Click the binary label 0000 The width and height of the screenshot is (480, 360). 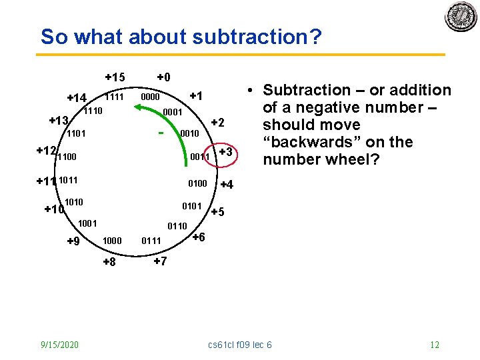(150, 97)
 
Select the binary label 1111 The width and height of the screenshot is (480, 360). (115, 97)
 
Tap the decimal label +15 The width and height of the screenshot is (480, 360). (115, 77)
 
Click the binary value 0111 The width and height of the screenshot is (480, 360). (151, 241)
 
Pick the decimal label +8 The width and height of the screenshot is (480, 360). (109, 262)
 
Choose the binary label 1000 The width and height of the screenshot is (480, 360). (112, 241)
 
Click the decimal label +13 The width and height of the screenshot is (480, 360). (59, 121)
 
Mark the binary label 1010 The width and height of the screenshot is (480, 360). (74, 201)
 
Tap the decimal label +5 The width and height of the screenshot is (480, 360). (218, 213)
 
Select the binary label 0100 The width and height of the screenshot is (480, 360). (197, 183)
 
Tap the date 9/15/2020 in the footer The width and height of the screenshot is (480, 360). (59, 345)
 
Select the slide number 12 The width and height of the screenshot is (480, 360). (434, 345)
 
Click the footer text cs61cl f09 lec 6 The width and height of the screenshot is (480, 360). (240, 345)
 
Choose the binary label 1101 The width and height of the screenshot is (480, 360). (75, 133)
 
